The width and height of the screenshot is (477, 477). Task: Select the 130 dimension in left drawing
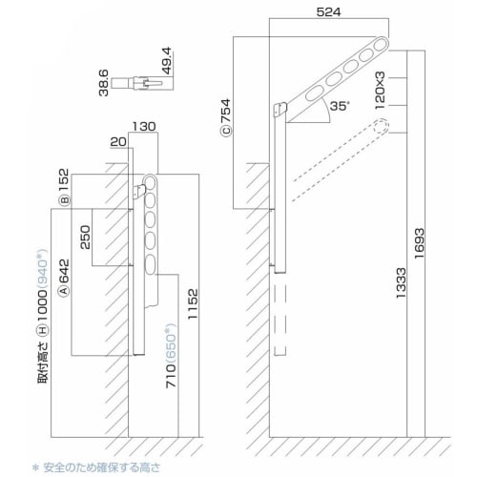[x=145, y=126]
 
